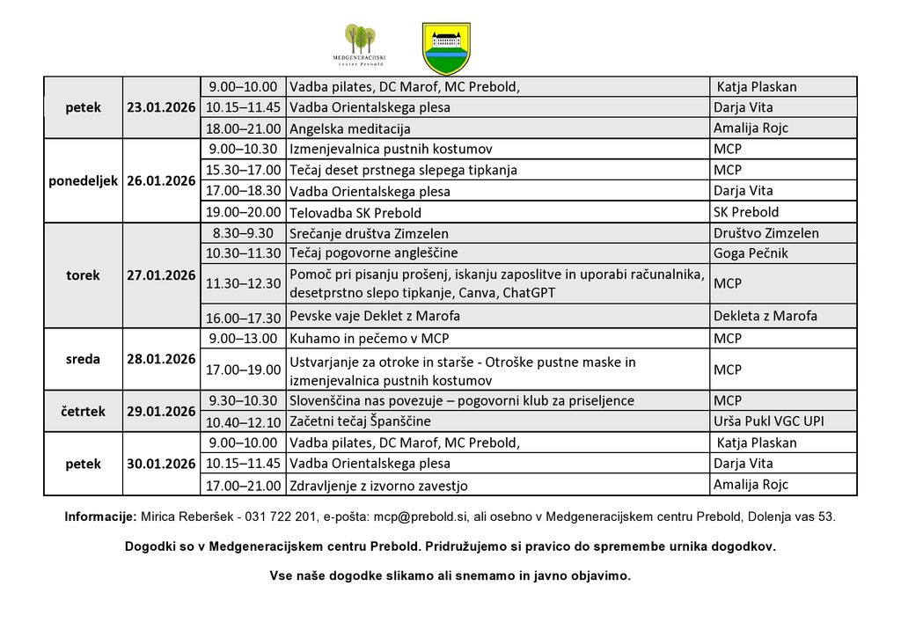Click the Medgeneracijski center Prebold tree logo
pyautogui.click(x=360, y=46)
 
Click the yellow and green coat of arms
pyautogui.click(x=447, y=48)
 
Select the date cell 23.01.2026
pyautogui.click(x=161, y=107)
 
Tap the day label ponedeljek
pyautogui.click(x=83, y=180)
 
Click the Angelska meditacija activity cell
pyautogui.click(x=350, y=128)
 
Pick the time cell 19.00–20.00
pyautogui.click(x=243, y=212)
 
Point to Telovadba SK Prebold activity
pyautogui.click(x=355, y=212)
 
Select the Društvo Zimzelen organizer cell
pyautogui.click(x=766, y=233)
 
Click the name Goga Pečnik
pyautogui.click(x=751, y=253)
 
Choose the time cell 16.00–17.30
pyautogui.click(x=243, y=318)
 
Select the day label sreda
pyautogui.click(x=83, y=359)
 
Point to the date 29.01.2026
pyautogui.click(x=161, y=411)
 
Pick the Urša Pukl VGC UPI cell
pyautogui.click(x=769, y=421)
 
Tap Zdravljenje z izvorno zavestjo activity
pyautogui.click(x=378, y=485)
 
